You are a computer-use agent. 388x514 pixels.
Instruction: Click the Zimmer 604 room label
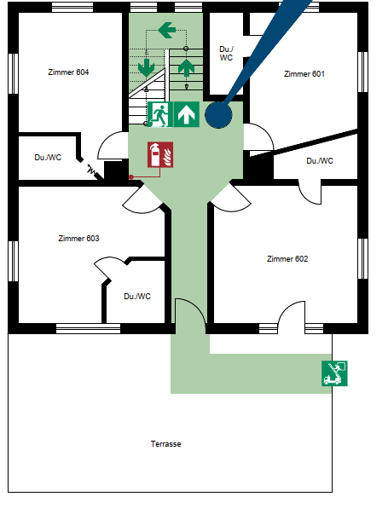(68, 72)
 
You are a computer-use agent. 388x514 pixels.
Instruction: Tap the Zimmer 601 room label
(304, 74)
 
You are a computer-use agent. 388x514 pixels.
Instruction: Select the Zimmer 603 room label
(78, 239)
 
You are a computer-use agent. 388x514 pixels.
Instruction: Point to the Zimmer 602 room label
(287, 259)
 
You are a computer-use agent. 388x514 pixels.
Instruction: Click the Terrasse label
(165, 444)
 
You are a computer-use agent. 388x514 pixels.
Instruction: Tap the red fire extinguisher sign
(160, 155)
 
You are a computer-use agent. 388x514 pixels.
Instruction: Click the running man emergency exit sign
(160, 114)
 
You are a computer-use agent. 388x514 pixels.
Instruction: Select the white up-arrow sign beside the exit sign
(186, 114)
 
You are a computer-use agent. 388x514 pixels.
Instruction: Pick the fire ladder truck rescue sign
(334, 373)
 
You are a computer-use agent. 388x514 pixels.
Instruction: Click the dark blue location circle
(218, 115)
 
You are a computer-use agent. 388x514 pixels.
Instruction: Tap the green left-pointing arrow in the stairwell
(166, 30)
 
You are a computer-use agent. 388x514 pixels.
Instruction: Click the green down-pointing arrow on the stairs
(147, 68)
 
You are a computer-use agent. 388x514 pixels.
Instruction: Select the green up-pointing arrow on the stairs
(186, 68)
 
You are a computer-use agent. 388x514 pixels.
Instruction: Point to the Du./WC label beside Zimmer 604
(48, 158)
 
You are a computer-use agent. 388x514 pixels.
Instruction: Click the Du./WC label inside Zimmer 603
(137, 297)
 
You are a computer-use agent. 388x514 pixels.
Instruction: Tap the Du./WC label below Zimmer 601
(320, 161)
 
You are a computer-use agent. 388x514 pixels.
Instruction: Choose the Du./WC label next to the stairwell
(226, 54)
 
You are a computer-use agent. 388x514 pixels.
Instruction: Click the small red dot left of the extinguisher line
(131, 177)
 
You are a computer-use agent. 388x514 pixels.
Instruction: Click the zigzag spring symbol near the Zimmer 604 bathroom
(92, 170)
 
